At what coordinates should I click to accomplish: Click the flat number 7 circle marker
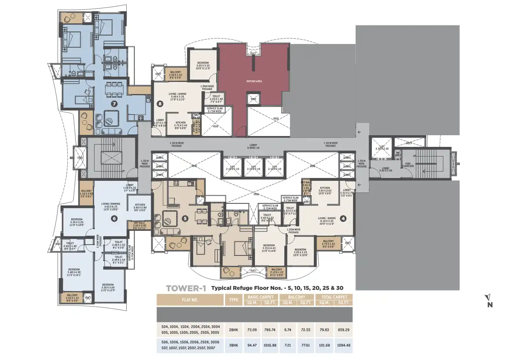115,104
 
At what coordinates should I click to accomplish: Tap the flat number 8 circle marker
160,104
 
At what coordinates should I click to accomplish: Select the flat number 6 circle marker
115,219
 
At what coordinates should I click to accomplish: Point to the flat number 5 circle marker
185,219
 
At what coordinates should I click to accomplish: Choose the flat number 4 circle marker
343,219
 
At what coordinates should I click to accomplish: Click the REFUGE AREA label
255,81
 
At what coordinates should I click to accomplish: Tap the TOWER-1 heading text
186,288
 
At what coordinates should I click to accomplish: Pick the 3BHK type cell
234,345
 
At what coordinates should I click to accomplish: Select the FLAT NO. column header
190,300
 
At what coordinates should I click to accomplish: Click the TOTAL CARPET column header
334,297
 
